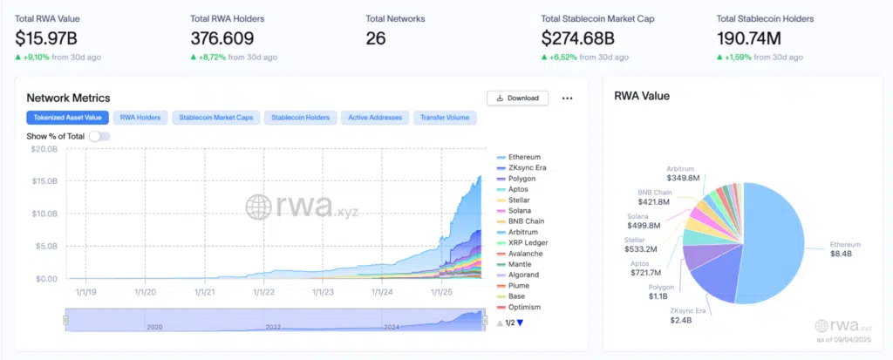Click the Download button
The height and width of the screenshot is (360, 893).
coord(517,98)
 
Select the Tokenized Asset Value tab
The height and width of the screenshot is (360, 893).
coord(67,117)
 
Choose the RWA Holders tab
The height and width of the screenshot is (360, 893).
coord(140,117)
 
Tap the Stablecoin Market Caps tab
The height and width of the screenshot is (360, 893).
coord(215,117)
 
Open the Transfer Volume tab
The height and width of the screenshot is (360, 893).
coord(444,117)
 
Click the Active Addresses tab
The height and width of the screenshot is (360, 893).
coord(375,117)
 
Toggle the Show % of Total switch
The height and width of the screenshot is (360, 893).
coord(99,136)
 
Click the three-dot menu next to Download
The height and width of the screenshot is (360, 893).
coord(567,98)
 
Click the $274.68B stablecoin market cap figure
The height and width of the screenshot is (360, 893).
coord(577,38)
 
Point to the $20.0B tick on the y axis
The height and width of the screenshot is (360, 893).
coord(45,149)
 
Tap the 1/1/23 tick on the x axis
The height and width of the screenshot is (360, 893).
coord(322,293)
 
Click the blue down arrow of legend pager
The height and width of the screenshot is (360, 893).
coord(521,323)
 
